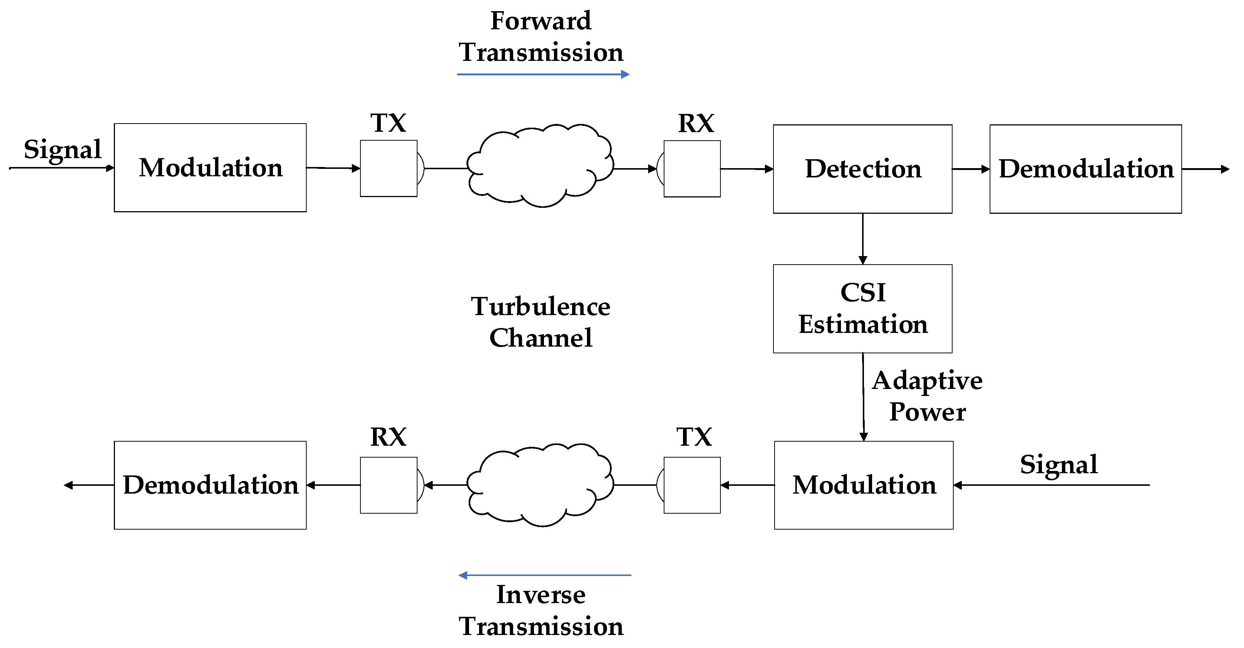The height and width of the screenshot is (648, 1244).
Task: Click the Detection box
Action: (862, 169)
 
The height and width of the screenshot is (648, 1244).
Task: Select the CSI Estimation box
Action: (862, 308)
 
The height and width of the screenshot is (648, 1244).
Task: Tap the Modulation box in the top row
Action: (210, 168)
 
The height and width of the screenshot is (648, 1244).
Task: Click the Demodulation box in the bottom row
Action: (210, 485)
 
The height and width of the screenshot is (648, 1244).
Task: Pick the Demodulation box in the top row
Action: (1086, 169)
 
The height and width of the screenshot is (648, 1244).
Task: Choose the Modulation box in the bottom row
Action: (864, 485)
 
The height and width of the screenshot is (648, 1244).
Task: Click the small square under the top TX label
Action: (388, 168)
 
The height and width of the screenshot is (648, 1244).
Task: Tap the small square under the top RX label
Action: (692, 168)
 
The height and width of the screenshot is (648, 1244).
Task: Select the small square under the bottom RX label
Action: (388, 485)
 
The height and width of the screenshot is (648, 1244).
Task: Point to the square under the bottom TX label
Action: (692, 485)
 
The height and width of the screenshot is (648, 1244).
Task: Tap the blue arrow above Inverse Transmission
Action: (544, 575)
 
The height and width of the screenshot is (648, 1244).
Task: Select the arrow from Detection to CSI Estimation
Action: (862, 239)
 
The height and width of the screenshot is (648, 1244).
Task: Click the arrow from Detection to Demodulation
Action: (971, 169)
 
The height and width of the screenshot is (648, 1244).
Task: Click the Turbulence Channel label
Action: (540, 322)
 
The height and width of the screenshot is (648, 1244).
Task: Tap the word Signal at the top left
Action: (62, 149)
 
